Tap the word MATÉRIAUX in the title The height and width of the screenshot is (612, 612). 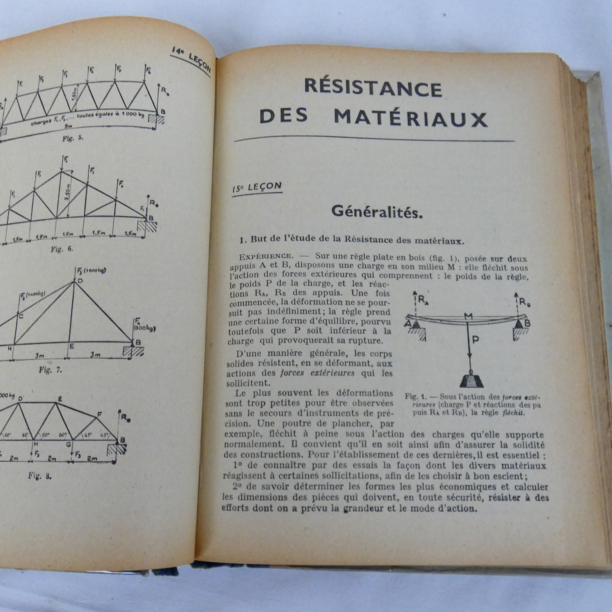(411, 118)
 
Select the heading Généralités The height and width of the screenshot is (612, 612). (377, 211)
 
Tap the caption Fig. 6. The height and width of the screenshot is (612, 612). (62, 249)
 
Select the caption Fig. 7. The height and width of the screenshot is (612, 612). (50, 370)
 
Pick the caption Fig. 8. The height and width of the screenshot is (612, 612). (40, 476)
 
